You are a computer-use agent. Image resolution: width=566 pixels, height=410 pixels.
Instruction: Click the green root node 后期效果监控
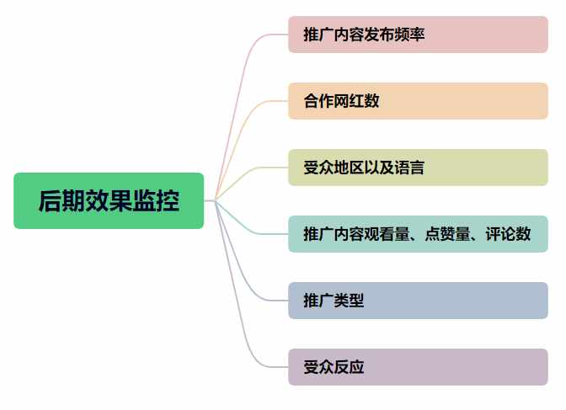tap(109, 200)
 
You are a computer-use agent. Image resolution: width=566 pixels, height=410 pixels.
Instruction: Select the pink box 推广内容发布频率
tap(418, 35)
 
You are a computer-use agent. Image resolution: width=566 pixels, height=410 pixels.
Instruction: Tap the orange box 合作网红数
tap(418, 101)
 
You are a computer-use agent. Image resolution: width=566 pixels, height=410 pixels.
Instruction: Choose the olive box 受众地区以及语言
tap(418, 168)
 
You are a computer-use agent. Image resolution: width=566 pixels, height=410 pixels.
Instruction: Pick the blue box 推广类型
tap(418, 301)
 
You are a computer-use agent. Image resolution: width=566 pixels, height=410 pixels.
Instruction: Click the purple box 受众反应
tap(418, 367)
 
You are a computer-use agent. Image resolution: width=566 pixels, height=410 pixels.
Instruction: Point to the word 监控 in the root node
tap(156, 200)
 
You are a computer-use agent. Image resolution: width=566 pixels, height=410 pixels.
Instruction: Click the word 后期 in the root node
tap(61, 200)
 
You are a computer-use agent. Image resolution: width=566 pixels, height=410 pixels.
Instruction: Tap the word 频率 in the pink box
tap(409, 35)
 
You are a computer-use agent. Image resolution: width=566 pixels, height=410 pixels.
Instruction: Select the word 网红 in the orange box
tap(349, 101)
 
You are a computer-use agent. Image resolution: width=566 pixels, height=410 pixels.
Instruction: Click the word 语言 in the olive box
tap(409, 168)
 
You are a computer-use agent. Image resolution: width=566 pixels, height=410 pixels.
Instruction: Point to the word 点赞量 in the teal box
tap(447, 234)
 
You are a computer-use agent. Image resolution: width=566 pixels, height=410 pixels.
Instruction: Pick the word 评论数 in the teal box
tap(508, 234)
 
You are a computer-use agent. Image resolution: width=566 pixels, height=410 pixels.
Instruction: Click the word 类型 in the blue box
tap(349, 301)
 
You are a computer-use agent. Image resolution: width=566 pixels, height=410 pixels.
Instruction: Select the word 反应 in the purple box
tap(349, 367)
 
